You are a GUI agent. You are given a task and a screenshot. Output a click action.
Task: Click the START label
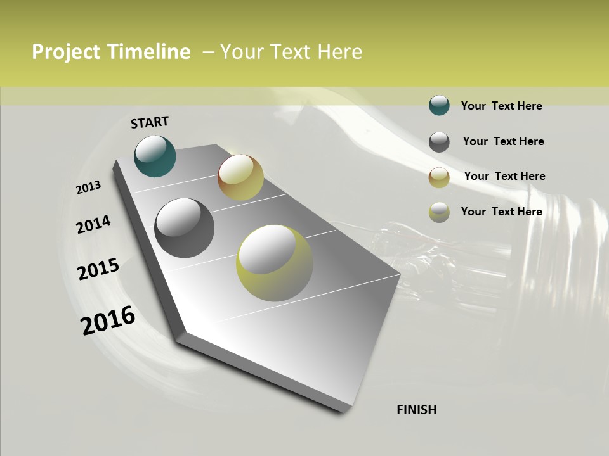tap(150, 122)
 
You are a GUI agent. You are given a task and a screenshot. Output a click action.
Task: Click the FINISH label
tap(417, 410)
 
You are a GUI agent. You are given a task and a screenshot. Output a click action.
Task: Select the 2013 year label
tap(88, 187)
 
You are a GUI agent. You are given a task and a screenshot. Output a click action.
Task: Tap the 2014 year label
tap(93, 224)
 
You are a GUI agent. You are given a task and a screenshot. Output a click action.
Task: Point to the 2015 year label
tap(98, 269)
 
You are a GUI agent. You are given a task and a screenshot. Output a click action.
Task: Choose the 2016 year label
tap(108, 320)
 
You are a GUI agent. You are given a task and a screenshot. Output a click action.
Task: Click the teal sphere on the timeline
tap(155, 156)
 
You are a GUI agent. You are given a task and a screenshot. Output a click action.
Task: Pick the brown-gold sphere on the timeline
tap(240, 177)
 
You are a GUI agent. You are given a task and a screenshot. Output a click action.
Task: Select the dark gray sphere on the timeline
tap(184, 228)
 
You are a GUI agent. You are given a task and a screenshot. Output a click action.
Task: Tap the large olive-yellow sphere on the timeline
tap(275, 263)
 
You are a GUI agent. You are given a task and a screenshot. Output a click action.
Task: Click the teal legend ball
tap(439, 105)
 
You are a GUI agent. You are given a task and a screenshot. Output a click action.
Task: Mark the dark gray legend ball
tap(439, 142)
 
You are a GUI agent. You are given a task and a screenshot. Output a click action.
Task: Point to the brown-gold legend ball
tap(439, 177)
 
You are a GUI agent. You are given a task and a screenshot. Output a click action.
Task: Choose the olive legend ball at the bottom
tap(439, 212)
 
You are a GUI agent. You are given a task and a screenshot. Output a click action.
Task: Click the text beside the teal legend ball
tap(501, 106)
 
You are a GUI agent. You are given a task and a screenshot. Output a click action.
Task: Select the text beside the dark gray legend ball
tap(503, 141)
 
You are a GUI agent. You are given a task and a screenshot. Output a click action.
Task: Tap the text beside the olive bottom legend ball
tap(501, 212)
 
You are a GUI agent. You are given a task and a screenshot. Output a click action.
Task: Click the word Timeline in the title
tap(148, 52)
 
